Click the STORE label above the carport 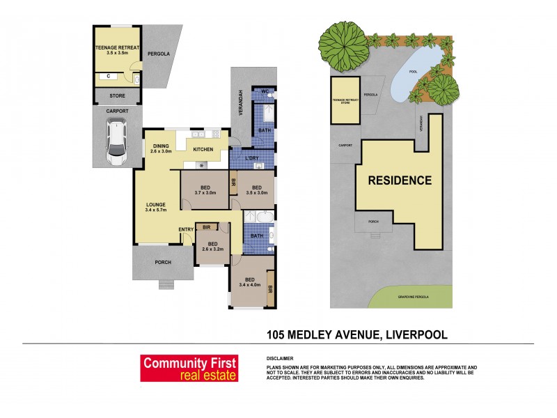click(118, 95)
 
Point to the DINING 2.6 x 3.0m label click(166, 148)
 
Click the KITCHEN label click(203, 150)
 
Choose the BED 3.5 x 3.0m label click(257, 190)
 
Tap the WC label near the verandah click(265, 91)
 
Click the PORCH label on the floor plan click(162, 263)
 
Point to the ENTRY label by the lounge click(185, 230)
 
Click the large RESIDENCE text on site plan click(399, 180)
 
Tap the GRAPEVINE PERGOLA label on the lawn click(411, 297)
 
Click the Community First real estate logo click(189, 368)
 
